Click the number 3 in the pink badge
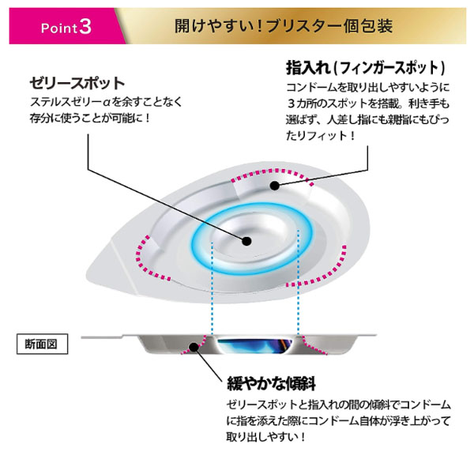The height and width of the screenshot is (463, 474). coord(85,25)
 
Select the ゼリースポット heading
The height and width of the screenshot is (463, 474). coord(77,83)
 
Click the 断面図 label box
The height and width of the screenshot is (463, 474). coord(43,344)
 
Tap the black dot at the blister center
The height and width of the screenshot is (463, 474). coord(246,242)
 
